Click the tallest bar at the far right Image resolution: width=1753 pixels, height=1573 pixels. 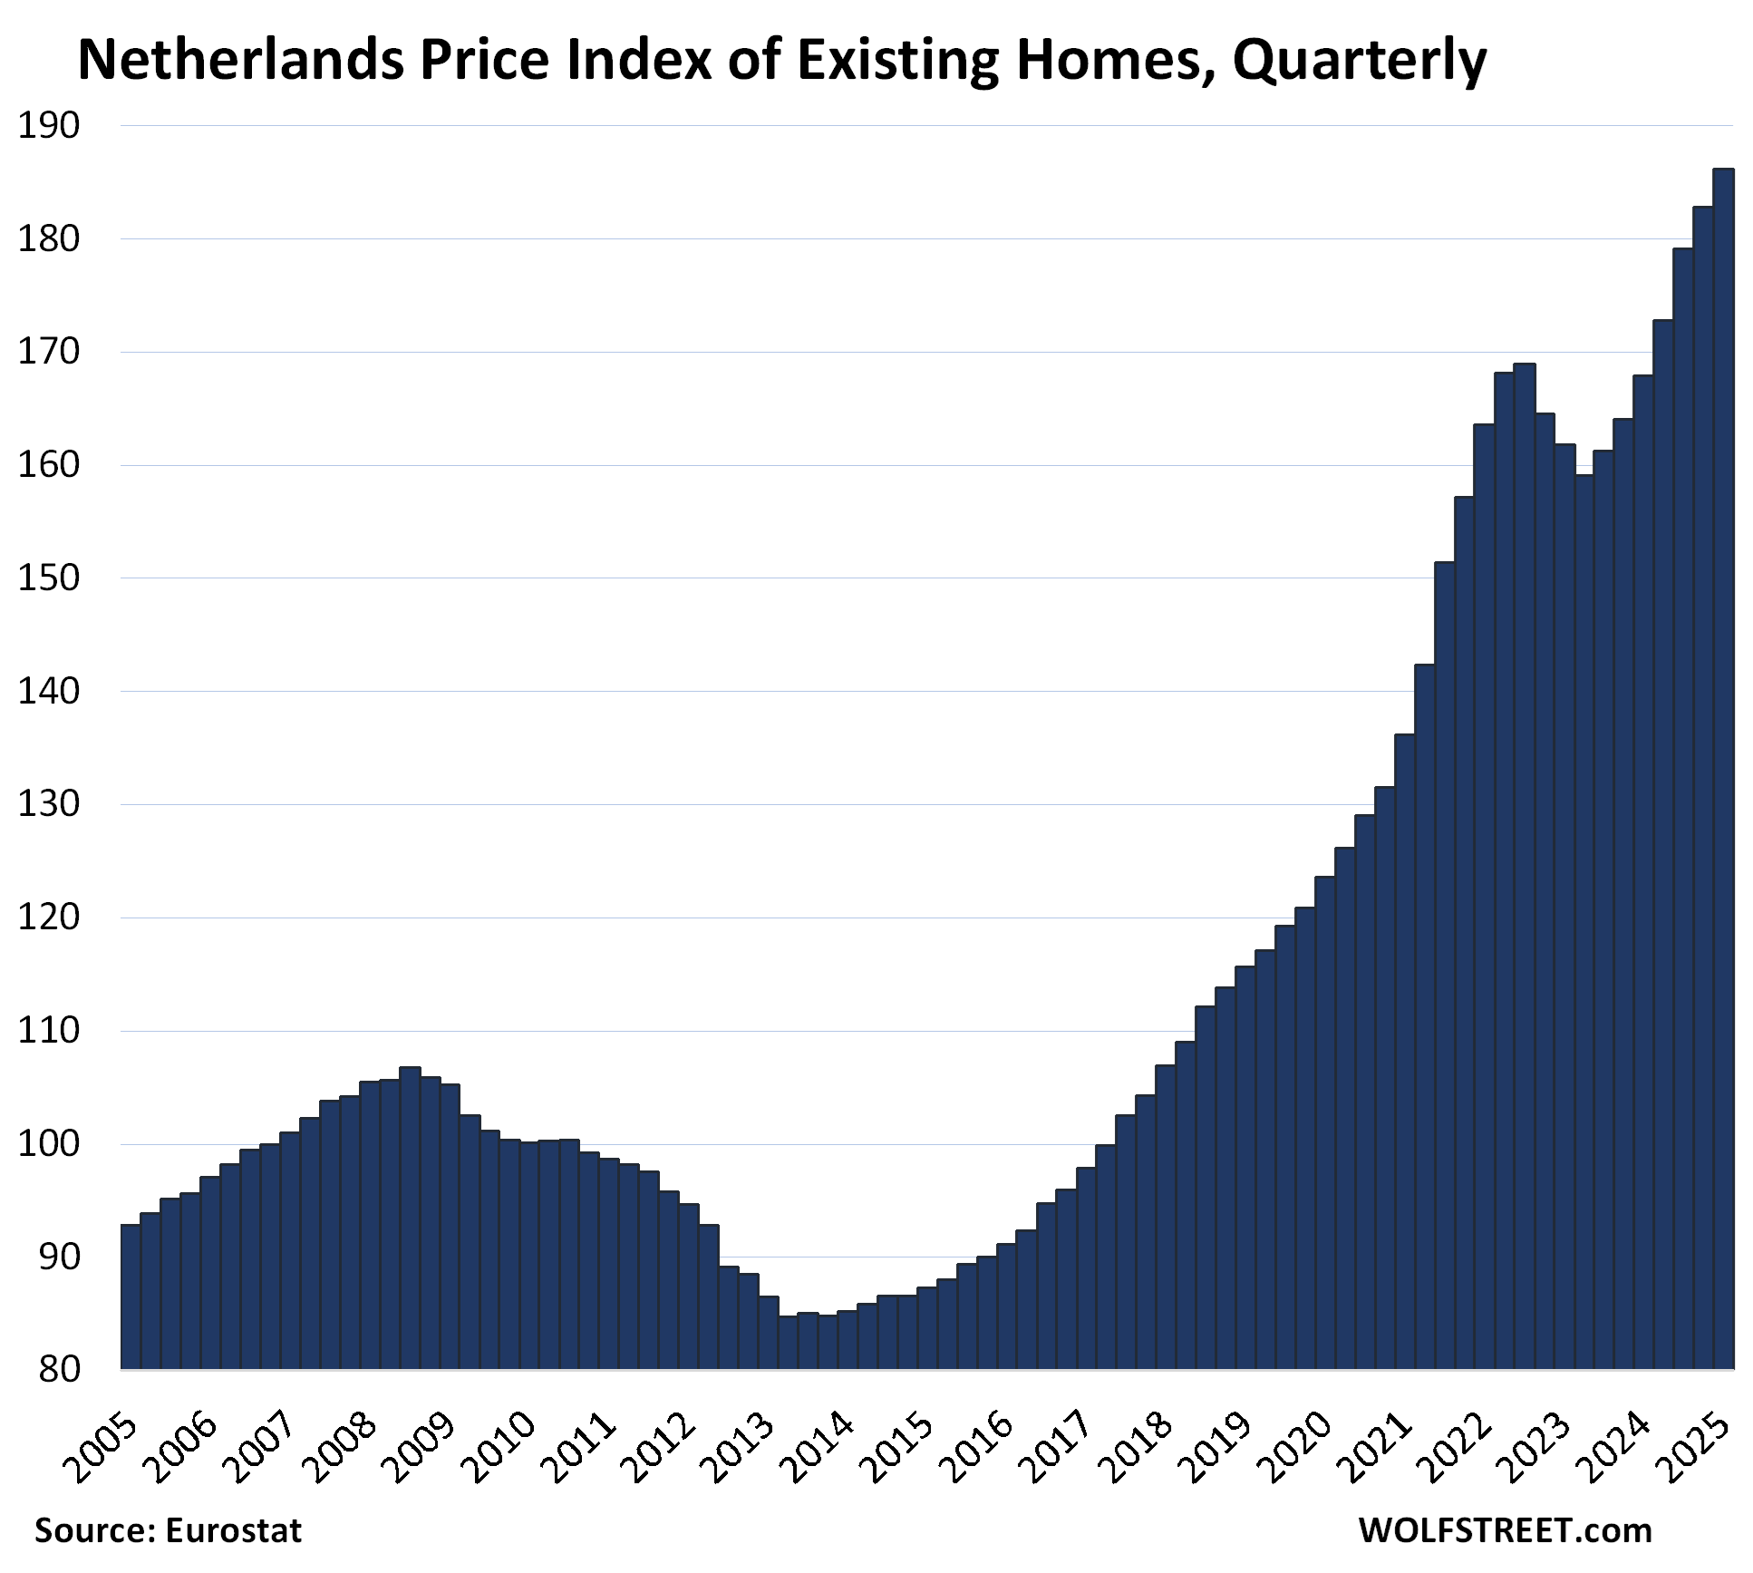click(1723, 771)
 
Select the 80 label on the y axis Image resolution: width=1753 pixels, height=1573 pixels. click(60, 1369)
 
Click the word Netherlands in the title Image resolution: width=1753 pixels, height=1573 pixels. click(241, 62)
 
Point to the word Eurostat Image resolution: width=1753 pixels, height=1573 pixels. click(234, 1531)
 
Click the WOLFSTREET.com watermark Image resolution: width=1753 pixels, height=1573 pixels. click(1505, 1531)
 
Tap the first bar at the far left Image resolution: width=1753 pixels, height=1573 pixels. click(131, 1296)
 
